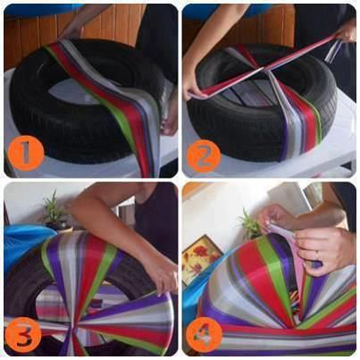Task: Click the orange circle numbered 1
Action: coord(26,153)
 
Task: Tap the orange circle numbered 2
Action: coord(204,155)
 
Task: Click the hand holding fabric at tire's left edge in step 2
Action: coord(193,88)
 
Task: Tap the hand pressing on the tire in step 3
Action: coord(163,280)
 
